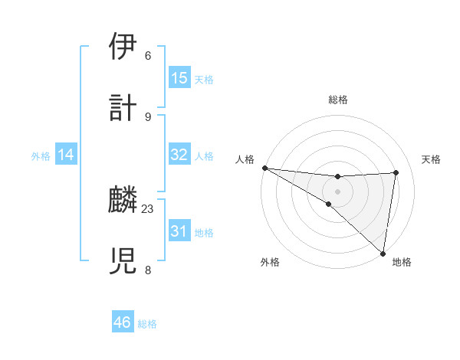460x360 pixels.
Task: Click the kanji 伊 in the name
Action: (x=123, y=47)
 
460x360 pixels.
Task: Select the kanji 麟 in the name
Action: (x=123, y=200)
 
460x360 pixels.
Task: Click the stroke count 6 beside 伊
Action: (x=148, y=56)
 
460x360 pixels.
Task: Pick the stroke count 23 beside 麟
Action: (x=148, y=208)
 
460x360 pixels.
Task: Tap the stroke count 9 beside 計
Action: (x=148, y=116)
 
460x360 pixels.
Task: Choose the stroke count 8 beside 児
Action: (x=148, y=269)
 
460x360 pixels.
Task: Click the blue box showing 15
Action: (x=179, y=78)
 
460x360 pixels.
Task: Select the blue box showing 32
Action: (x=179, y=155)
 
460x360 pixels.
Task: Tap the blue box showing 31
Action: (x=179, y=231)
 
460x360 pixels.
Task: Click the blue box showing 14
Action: (x=66, y=155)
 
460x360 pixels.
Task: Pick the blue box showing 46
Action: (x=123, y=322)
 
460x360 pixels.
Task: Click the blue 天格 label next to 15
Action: (x=204, y=79)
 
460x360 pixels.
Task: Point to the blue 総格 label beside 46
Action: (x=147, y=324)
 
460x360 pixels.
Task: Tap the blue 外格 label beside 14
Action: (x=41, y=156)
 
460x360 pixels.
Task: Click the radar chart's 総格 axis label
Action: (x=337, y=100)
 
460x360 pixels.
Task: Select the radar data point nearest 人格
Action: (x=264, y=168)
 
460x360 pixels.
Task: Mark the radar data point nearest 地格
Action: (x=383, y=253)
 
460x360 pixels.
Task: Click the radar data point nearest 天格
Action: (x=396, y=172)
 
